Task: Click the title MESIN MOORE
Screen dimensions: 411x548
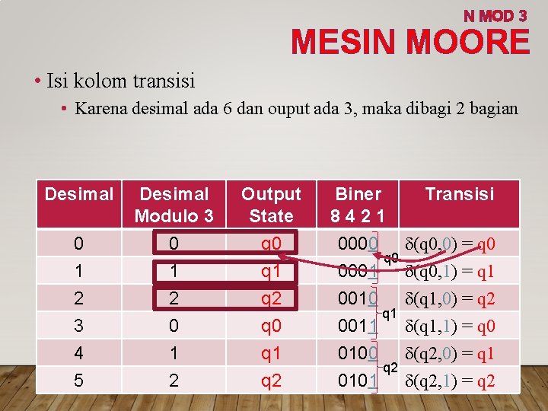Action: coord(410,42)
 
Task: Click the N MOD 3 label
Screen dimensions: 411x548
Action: coord(495,15)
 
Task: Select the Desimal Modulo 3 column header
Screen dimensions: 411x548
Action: coord(174,205)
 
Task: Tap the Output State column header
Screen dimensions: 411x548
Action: coord(271,205)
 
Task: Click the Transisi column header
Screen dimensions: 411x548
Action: coord(460,194)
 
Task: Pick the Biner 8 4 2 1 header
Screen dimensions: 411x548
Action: coord(358,205)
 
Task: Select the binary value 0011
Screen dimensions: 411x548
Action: coord(355,327)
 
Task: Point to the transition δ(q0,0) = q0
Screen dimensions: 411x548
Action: coord(451,244)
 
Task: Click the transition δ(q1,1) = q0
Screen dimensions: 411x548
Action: coord(451,327)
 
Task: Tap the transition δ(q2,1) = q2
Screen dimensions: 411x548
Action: coord(451,381)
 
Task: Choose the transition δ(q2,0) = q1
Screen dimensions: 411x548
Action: coord(451,353)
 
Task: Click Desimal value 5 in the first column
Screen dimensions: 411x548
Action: coord(79,380)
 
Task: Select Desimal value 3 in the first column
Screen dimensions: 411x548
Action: coord(79,326)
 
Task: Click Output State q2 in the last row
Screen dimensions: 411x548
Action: coord(271,380)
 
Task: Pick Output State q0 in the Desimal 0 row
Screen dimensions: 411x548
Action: coord(271,244)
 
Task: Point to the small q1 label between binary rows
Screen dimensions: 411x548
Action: coord(389,313)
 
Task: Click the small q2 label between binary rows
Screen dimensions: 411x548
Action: coord(389,368)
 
